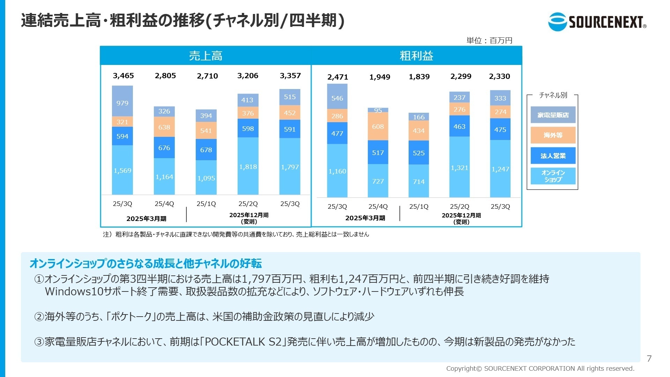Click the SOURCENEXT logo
(x=597, y=22)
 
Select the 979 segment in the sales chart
(x=122, y=103)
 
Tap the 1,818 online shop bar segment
(x=248, y=167)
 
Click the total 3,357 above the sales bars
(x=290, y=76)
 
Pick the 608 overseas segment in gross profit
(x=378, y=126)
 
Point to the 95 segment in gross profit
(x=378, y=110)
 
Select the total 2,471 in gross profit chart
(x=337, y=77)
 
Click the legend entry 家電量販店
(x=553, y=115)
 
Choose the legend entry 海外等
(x=553, y=135)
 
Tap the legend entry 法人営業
(x=553, y=156)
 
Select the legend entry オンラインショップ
(x=553, y=176)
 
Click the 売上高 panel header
(x=206, y=56)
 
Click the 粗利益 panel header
(x=416, y=56)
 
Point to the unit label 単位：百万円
(x=489, y=40)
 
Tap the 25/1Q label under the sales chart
(x=206, y=204)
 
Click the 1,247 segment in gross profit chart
(x=500, y=169)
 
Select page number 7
(x=649, y=358)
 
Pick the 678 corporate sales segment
(x=206, y=150)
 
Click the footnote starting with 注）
(x=236, y=234)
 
